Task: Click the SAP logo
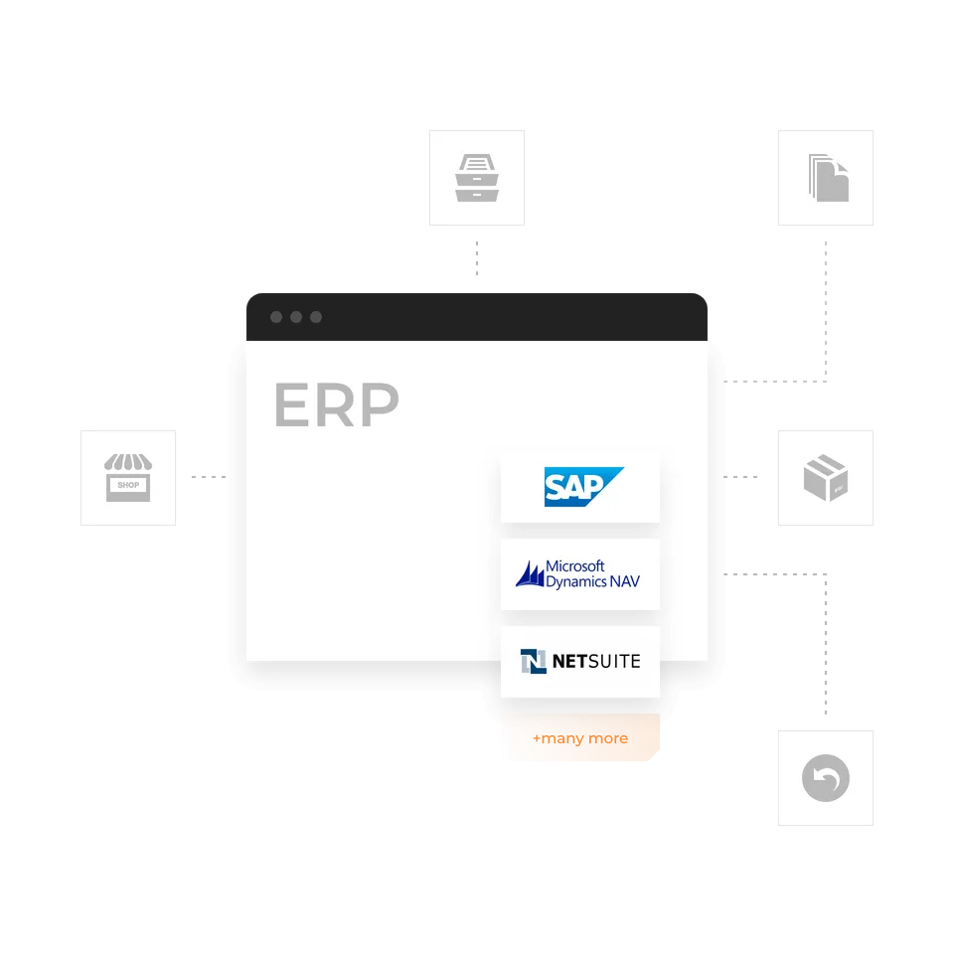point(583,486)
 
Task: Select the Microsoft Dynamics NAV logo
point(577,573)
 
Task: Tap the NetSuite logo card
point(579,662)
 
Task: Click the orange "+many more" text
point(579,738)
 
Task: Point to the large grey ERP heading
point(337,404)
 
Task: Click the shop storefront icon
point(128,478)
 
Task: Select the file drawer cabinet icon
point(477,178)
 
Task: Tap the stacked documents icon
point(828,178)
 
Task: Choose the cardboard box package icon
point(826,478)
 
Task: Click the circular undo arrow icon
point(826,778)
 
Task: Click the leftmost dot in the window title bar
point(276,317)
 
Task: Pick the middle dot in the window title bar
point(296,317)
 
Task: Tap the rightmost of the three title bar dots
point(316,317)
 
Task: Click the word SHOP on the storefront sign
point(128,485)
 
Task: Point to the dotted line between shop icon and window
point(209,477)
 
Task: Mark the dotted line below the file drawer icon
point(477,258)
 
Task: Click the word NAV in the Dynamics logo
point(625,581)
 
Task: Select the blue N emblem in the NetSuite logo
point(534,662)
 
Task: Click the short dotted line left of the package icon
point(740,477)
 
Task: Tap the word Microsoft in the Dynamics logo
point(575,566)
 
